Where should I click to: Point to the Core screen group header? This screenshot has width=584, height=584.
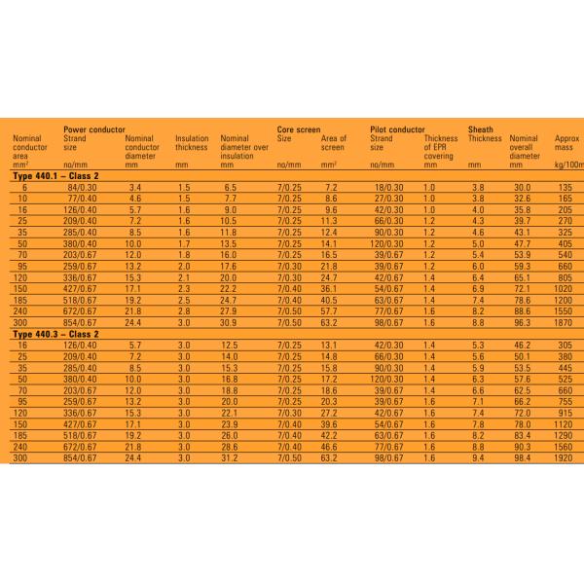pyautogui.click(x=299, y=128)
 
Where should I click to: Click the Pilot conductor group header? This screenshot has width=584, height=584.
pyautogui.click(x=398, y=128)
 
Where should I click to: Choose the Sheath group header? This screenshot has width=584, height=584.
pyautogui.click(x=481, y=128)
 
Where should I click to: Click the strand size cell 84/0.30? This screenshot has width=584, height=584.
pyautogui.click(x=80, y=186)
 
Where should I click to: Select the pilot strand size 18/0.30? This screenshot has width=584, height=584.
pyautogui.click(x=388, y=186)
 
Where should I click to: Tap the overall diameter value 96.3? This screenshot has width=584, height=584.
pyautogui.click(x=522, y=322)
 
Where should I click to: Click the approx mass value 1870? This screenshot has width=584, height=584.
pyautogui.click(x=564, y=322)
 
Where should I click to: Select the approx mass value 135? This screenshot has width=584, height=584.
pyautogui.click(x=564, y=186)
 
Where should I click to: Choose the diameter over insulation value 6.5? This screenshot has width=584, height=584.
pyautogui.click(x=231, y=186)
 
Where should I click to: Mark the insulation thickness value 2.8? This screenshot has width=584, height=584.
pyautogui.click(x=184, y=310)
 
